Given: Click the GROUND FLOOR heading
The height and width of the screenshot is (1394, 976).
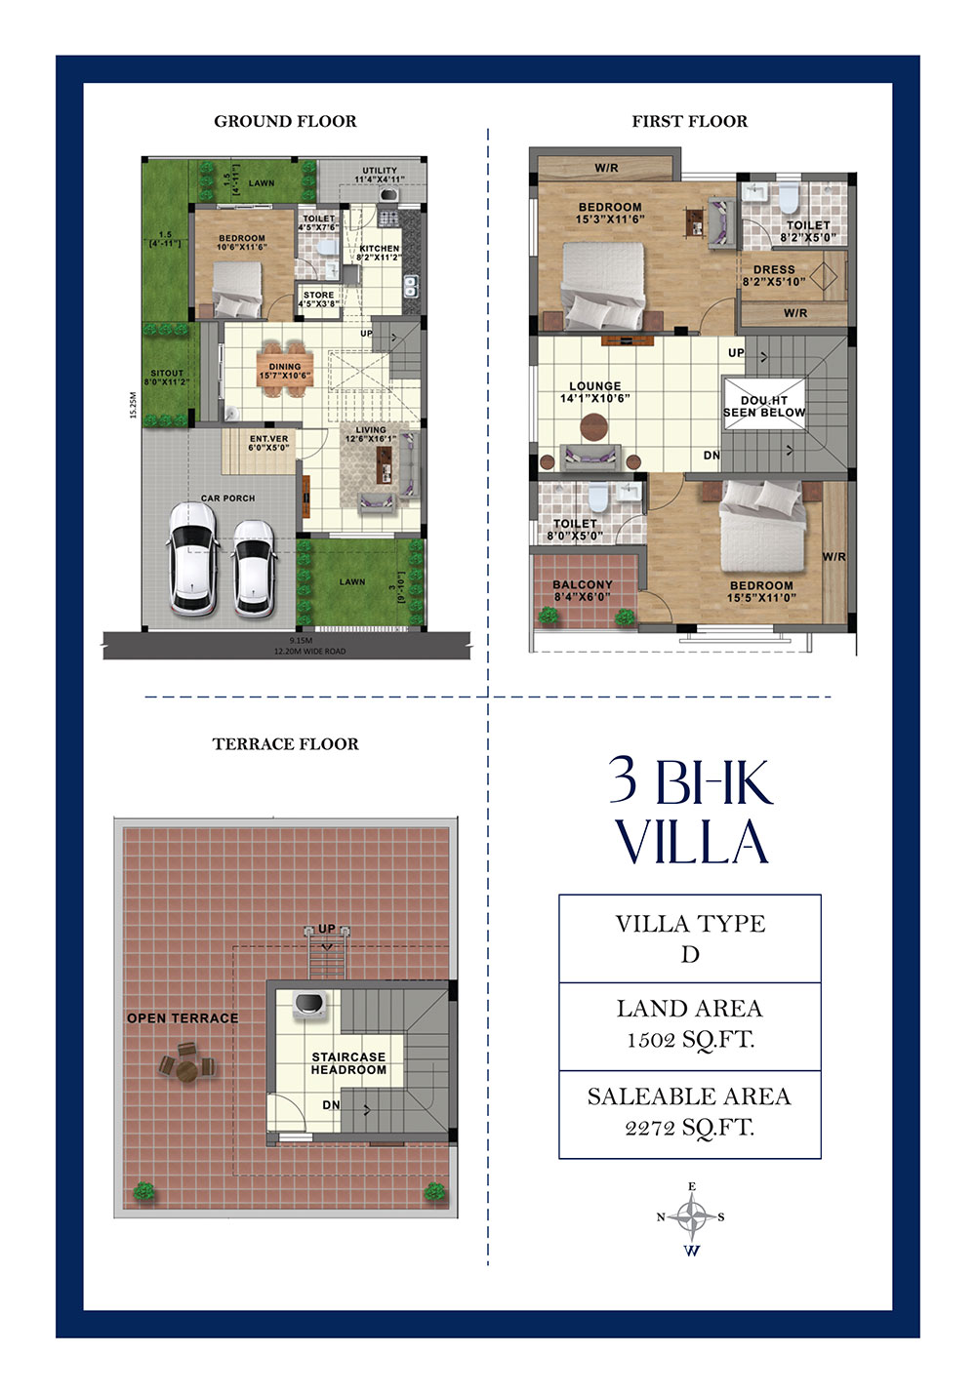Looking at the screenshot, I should (285, 121).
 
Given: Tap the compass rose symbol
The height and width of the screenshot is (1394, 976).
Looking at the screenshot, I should (692, 1216).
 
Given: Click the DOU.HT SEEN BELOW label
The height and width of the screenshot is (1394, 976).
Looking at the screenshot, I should (764, 407).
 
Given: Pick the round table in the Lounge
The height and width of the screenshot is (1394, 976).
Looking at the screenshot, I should (593, 427).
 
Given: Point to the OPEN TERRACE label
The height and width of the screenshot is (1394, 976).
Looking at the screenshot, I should (183, 1017).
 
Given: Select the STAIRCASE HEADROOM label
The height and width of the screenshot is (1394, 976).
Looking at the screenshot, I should (348, 1063).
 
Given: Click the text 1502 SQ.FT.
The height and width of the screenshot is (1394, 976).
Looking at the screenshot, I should (690, 1040).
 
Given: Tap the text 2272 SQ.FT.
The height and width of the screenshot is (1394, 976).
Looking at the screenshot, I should (690, 1128).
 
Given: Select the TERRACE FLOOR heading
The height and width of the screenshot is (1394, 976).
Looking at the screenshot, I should (285, 743).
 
